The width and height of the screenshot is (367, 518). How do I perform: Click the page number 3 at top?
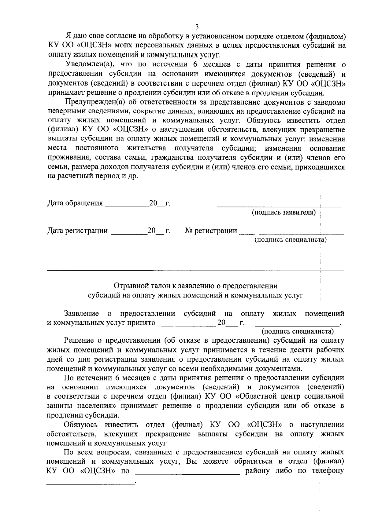click(x=197, y=27)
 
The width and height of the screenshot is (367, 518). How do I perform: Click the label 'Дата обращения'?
click(x=75, y=203)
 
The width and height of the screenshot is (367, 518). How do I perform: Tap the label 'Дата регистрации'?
click(x=78, y=231)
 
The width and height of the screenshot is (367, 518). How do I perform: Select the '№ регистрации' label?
click(x=211, y=231)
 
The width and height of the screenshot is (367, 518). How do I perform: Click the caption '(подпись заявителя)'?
click(x=284, y=212)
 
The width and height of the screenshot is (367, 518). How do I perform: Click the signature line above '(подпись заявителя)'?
click(x=279, y=207)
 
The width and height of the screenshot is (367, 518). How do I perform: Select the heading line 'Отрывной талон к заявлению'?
click(x=195, y=286)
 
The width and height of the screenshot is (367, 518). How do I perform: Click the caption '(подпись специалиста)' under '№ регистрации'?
click(x=291, y=240)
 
